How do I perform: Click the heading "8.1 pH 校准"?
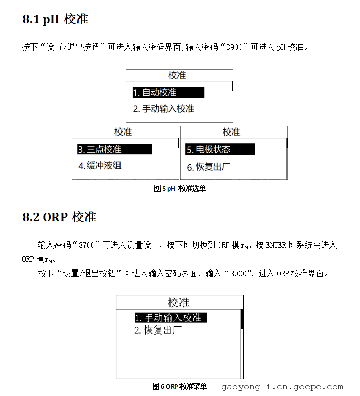click(x=55, y=19)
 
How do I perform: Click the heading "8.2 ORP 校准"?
click(x=59, y=217)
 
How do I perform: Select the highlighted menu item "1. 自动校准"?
click(x=168, y=93)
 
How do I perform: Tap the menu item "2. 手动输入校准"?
click(x=163, y=109)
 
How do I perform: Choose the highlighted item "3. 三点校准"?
click(x=114, y=149)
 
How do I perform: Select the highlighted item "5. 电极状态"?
click(x=220, y=149)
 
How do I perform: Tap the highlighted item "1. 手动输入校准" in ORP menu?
click(x=170, y=318)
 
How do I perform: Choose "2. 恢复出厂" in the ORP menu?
click(x=158, y=331)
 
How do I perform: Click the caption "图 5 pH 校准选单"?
click(x=179, y=188)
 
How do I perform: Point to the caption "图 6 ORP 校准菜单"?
click(x=179, y=386)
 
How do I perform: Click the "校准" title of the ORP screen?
click(x=179, y=302)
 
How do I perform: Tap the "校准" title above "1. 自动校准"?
click(x=177, y=75)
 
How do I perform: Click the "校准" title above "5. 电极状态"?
click(x=231, y=132)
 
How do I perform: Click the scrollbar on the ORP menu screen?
click(x=242, y=319)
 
